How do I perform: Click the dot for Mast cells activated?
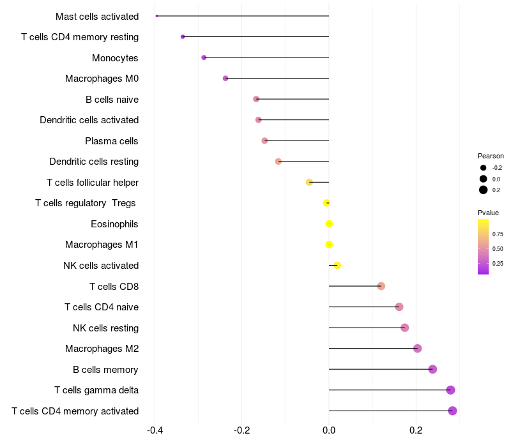(156, 16)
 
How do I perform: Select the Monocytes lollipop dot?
(204, 57)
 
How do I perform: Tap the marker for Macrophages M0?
(225, 78)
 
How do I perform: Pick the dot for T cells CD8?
(381, 286)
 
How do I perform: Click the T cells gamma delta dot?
(450, 390)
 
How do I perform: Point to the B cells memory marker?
(432, 369)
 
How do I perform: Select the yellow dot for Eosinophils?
(329, 224)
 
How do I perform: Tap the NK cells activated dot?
(337, 266)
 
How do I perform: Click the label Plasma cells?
(111, 141)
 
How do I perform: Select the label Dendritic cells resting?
(94, 162)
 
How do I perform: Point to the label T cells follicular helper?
(93, 183)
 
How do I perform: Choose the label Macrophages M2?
(102, 349)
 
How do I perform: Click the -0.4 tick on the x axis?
(155, 430)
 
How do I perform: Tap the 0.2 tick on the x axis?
(416, 430)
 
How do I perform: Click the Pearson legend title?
(491, 156)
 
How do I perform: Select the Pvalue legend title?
(488, 213)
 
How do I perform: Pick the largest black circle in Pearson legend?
(484, 190)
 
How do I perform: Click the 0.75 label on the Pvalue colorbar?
(498, 234)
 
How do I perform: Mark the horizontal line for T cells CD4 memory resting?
(256, 37)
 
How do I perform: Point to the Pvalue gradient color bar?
(484, 247)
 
